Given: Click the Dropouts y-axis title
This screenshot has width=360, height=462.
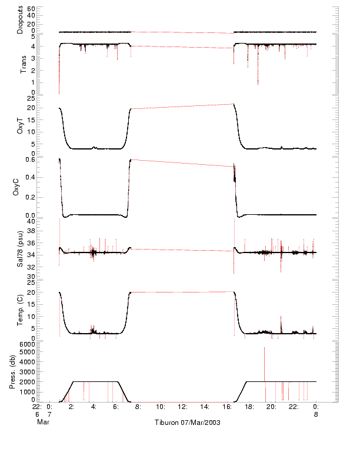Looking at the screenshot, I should click(x=20, y=20).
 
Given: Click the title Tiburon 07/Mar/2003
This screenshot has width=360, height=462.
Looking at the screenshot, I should click(x=187, y=423).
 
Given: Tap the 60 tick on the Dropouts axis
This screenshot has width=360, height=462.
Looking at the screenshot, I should click(x=31, y=9).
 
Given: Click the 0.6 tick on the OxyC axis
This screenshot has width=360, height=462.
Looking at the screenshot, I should click(x=29, y=159).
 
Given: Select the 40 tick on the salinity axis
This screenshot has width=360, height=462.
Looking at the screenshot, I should click(x=31, y=221).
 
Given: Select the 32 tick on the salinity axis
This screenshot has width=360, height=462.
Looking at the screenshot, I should click(x=31, y=265).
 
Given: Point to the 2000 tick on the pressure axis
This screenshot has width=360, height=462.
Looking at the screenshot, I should click(x=28, y=381).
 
